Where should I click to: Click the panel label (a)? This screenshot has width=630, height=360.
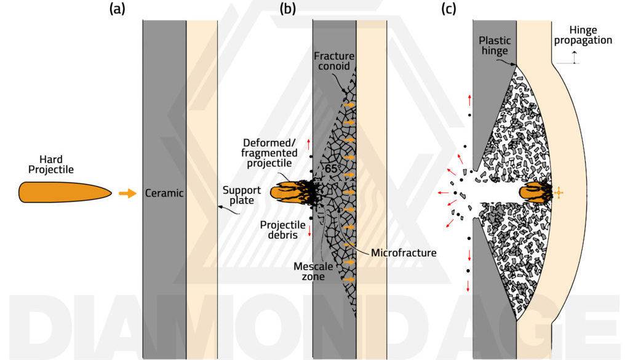coord(117,9)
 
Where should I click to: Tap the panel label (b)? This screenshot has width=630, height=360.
coord(288,9)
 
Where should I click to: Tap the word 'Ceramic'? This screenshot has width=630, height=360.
coord(164,193)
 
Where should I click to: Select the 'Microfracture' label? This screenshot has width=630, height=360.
coord(403,252)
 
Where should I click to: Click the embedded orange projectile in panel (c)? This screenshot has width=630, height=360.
coord(534,193)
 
